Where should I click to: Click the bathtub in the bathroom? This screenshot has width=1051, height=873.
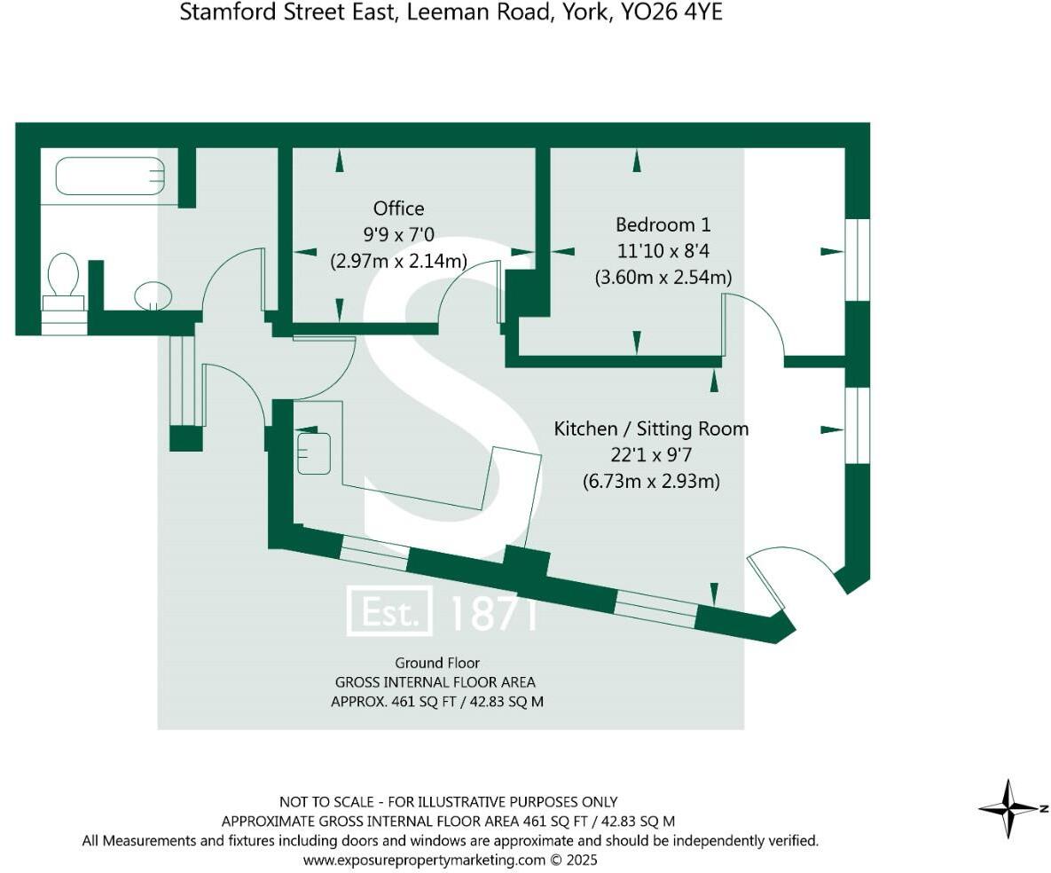tap(110, 176)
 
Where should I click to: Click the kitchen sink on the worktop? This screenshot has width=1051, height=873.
tap(314, 452)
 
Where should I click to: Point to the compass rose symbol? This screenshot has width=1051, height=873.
tap(1009, 808)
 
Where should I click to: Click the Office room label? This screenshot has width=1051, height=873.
tap(398, 208)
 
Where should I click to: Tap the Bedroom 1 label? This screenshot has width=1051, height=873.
tap(663, 224)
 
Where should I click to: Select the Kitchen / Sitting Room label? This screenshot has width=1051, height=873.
tap(651, 429)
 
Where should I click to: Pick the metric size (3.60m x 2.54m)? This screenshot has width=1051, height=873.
tap(663, 278)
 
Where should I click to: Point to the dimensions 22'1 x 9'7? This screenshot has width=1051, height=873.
tap(651, 455)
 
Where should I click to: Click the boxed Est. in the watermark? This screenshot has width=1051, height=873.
tap(389, 611)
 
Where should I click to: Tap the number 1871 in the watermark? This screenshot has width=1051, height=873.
tap(493, 612)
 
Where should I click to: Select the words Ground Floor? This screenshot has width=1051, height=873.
tap(437, 663)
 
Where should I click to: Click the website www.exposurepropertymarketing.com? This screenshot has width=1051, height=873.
tap(424, 860)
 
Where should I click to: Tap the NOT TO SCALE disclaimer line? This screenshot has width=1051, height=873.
tap(448, 801)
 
